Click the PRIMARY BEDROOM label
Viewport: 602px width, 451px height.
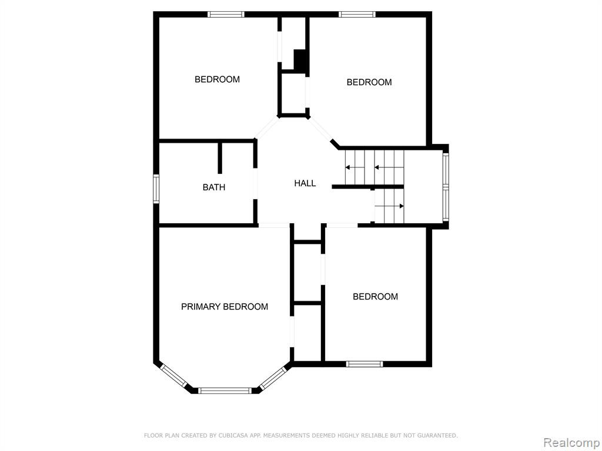[225, 307]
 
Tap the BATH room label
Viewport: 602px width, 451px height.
[214, 187]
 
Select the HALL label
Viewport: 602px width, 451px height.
[305, 183]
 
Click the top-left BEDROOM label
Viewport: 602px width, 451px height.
[218, 79]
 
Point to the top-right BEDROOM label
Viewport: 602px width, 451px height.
[369, 82]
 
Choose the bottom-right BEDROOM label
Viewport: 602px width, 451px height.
[376, 297]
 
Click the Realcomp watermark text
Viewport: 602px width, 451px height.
[571, 443]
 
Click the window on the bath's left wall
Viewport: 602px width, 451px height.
[156, 189]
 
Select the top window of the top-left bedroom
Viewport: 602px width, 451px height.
[226, 15]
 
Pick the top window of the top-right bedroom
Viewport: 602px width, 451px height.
[357, 15]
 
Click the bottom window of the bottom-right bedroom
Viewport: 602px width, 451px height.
[364, 364]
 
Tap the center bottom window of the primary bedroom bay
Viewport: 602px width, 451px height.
[225, 391]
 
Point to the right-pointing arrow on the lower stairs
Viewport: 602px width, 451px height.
[389, 206]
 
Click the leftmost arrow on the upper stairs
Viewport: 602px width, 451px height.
[354, 167]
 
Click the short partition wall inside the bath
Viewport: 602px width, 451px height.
[220, 159]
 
